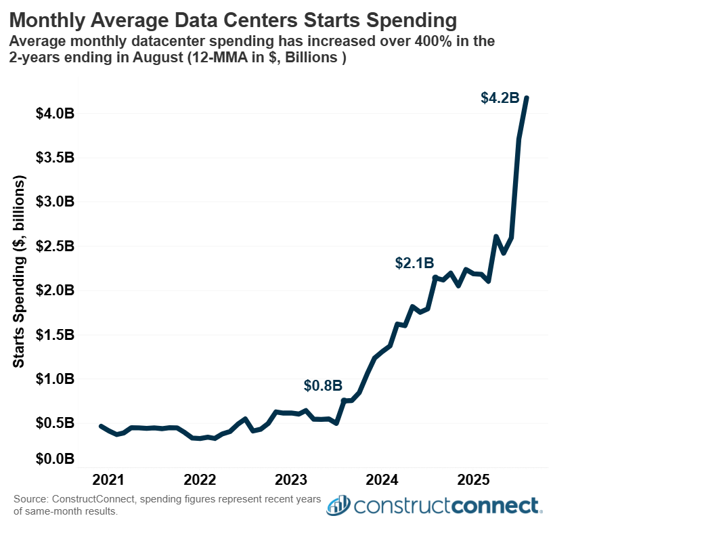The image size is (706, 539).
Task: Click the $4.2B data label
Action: point(500,98)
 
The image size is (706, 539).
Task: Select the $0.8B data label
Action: point(323,386)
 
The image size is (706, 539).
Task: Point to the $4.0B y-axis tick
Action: point(55,113)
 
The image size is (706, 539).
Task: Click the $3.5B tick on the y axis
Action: point(55,158)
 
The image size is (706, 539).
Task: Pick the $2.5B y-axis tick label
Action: point(55,246)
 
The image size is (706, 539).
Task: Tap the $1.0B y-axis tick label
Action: point(55,379)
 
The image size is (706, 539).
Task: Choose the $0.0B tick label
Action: point(55,460)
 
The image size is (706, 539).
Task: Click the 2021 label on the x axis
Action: point(108,481)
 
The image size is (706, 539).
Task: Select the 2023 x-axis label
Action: point(291,481)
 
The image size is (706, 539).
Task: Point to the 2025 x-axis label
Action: point(474,481)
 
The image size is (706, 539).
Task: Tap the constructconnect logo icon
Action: point(338,505)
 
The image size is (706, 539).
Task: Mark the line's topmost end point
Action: point(527,98)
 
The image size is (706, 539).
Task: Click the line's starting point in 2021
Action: point(101,426)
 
